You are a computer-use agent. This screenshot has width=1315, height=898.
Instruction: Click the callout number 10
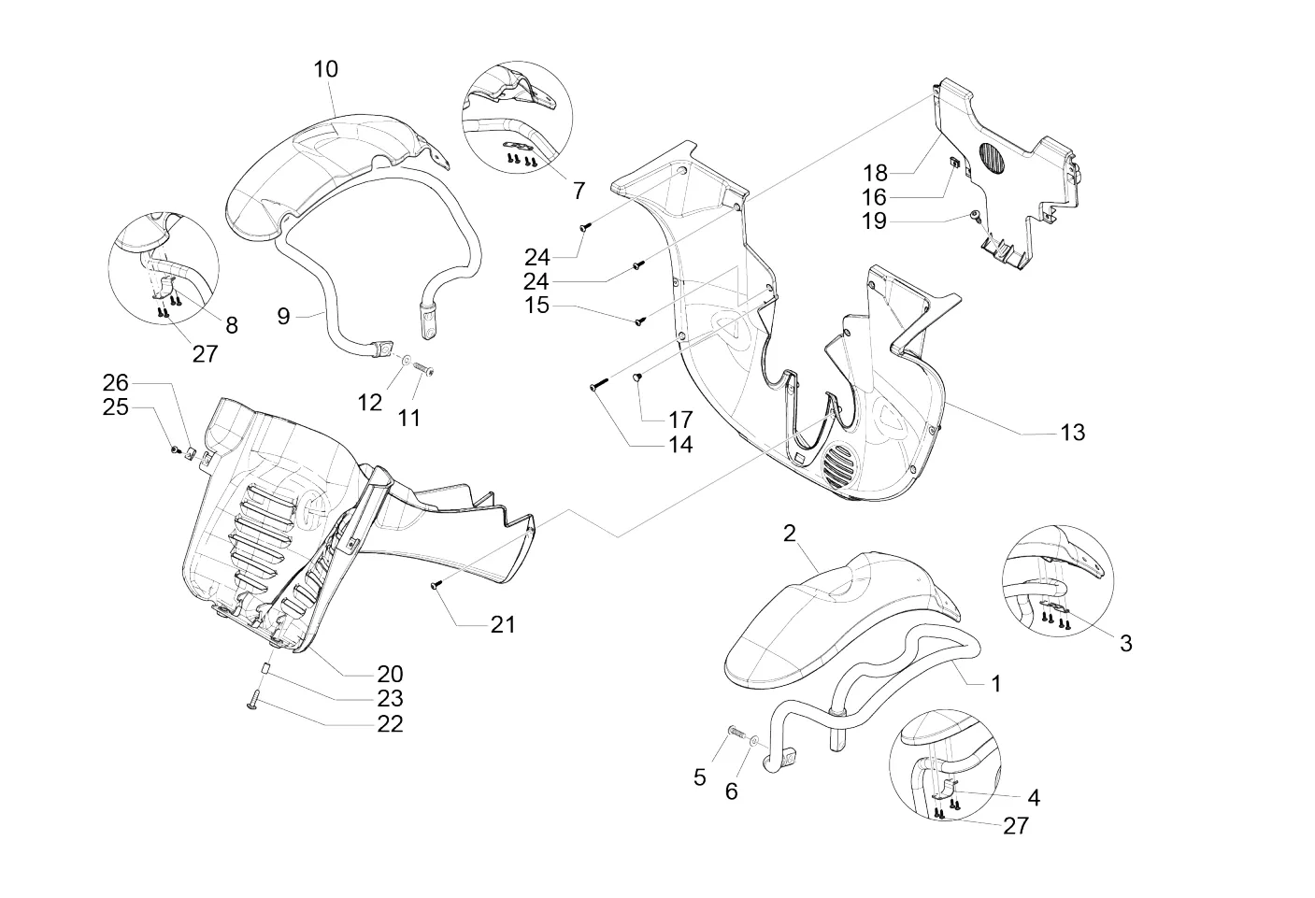(326, 69)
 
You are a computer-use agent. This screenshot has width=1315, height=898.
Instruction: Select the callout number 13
(1073, 433)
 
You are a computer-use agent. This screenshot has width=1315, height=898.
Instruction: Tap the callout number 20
(391, 674)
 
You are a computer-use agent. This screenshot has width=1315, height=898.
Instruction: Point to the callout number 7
(579, 191)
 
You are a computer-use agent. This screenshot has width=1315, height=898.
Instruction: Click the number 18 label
(875, 173)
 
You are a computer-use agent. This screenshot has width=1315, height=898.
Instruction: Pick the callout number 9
(283, 317)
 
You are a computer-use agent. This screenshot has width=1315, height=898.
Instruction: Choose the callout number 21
(503, 624)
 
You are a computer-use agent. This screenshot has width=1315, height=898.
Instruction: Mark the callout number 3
(1126, 643)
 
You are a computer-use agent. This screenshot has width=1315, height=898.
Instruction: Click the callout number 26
(115, 383)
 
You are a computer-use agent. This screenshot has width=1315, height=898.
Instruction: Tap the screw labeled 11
(422, 368)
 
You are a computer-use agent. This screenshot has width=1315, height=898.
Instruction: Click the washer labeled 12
(407, 358)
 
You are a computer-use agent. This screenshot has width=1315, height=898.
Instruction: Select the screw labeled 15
(640, 321)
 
